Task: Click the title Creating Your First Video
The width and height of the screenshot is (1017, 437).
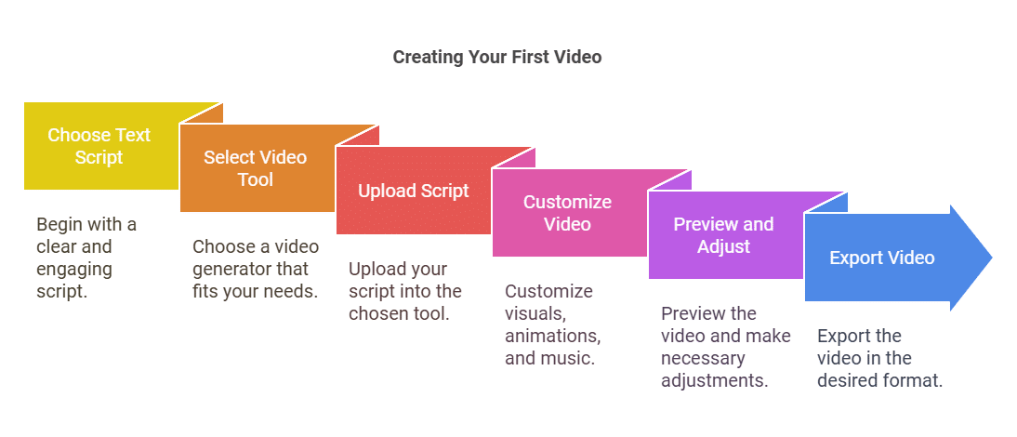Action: tap(497, 57)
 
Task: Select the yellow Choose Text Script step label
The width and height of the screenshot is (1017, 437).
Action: tap(99, 146)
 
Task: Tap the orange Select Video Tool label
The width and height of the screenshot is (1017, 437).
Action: tap(255, 168)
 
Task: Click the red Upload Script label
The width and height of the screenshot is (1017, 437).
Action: tap(414, 191)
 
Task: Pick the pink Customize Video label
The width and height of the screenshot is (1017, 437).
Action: tap(567, 213)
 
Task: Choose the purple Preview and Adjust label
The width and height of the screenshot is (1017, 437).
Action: tap(724, 235)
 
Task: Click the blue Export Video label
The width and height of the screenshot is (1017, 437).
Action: tap(881, 258)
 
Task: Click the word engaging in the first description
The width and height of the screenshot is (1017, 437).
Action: tap(74, 269)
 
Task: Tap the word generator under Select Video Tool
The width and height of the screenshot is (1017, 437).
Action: tap(232, 269)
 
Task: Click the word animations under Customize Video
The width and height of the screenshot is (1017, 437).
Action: tap(551, 336)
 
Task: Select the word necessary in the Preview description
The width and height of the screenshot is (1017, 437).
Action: tap(703, 358)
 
